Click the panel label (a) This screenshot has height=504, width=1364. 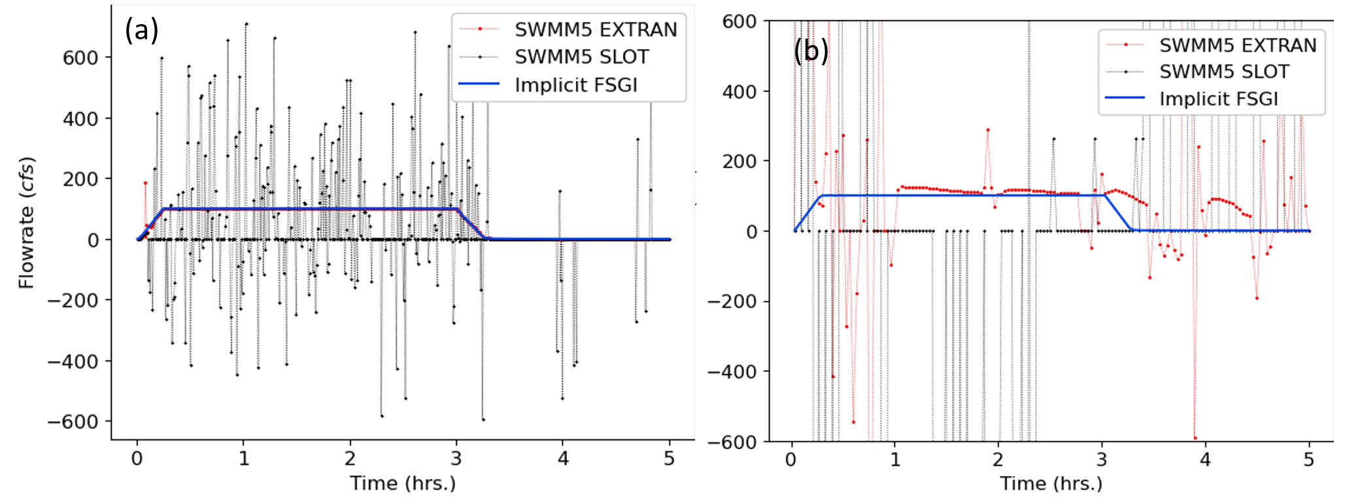[x=141, y=30]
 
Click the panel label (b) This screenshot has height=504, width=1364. [x=811, y=50]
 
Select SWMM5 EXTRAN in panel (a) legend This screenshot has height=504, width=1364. [x=595, y=29]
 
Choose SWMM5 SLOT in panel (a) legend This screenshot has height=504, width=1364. [x=581, y=57]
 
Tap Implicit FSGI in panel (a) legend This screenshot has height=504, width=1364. [x=575, y=85]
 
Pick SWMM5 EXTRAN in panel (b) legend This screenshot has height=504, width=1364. [x=1237, y=45]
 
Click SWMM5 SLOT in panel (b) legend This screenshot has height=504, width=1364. [x=1224, y=71]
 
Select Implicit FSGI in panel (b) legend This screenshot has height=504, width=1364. [x=1218, y=99]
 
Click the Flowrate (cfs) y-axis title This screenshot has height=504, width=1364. [x=26, y=222]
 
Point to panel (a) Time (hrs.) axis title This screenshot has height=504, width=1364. [x=402, y=483]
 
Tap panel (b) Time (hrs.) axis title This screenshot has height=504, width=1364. [x=1051, y=483]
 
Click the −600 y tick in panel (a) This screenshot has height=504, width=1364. [x=73, y=422]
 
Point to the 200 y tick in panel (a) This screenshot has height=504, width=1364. [x=80, y=179]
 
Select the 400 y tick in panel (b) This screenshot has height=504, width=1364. [x=739, y=92]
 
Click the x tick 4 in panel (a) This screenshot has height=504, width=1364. [x=563, y=459]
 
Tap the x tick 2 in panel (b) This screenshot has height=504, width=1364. [x=998, y=460]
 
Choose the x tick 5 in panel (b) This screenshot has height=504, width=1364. [x=1308, y=460]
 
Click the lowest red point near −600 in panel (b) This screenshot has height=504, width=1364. [x=1195, y=438]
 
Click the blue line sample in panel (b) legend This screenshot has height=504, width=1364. [x=1125, y=98]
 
